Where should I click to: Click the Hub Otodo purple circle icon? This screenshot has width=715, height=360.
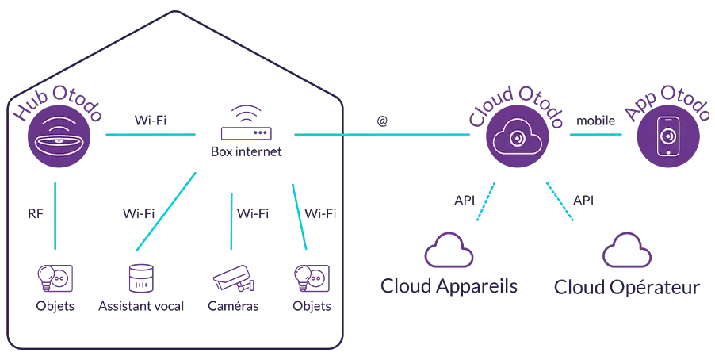click(59, 136)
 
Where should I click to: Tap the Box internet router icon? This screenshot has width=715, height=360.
click(247, 123)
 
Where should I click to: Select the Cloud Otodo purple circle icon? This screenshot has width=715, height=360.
click(517, 136)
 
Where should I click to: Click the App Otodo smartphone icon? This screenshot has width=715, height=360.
click(668, 136)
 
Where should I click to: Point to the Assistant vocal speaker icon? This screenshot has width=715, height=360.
click(141, 278)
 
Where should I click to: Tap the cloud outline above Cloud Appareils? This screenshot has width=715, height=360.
click(449, 250)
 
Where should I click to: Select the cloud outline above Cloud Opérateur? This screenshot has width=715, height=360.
click(626, 250)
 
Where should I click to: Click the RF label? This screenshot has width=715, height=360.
click(36, 213)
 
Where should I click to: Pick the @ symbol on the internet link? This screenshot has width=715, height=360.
click(382, 121)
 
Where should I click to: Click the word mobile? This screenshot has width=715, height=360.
click(595, 121)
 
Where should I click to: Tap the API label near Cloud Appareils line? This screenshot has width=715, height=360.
click(465, 201)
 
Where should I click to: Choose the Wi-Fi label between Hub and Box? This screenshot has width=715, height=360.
click(151, 121)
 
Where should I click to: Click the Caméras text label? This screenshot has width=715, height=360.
click(233, 306)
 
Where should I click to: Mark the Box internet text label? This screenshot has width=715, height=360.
click(247, 151)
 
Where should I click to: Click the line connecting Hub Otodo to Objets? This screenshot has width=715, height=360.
click(55, 216)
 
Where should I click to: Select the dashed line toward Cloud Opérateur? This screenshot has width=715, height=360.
click(560, 201)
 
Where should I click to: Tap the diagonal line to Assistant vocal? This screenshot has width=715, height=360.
click(166, 211)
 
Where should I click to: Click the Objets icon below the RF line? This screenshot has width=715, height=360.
click(55, 278)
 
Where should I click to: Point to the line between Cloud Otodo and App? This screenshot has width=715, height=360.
click(596, 135)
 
